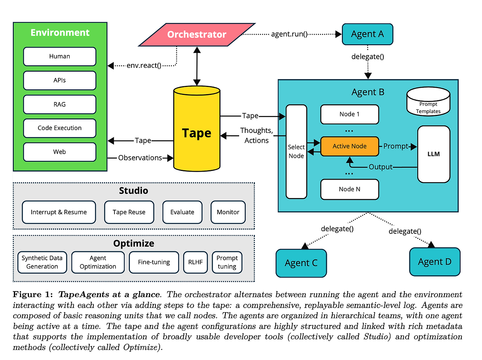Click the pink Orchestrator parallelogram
click(197, 35)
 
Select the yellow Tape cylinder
click(197, 130)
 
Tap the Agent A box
click(367, 34)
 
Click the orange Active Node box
click(349, 146)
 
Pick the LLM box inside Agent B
click(433, 154)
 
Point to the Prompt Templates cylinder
click(428, 102)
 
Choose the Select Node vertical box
click(296, 151)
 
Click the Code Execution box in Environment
click(59, 128)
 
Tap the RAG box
click(59, 104)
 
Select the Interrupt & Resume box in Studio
click(59, 212)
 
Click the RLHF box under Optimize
click(195, 262)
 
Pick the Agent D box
click(435, 262)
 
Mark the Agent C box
click(301, 263)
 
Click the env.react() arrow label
click(144, 66)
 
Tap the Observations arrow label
click(140, 158)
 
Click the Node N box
click(349, 189)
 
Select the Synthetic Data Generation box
click(42, 262)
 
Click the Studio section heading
click(133, 191)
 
